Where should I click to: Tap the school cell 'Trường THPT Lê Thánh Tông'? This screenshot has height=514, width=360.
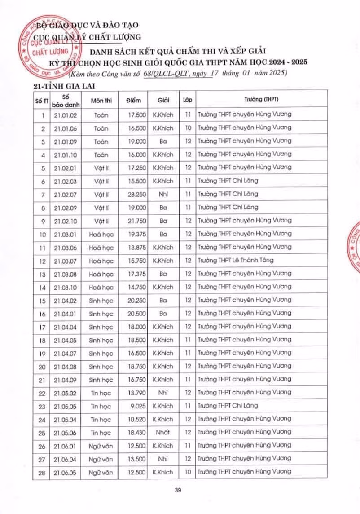(236, 260)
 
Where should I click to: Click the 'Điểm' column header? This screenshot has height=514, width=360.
(134, 100)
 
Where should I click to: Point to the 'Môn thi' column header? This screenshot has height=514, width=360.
(101, 100)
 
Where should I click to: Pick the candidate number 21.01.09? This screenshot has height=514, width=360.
(63, 141)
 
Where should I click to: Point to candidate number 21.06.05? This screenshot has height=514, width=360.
(63, 472)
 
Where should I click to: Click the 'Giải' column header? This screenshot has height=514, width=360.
(163, 100)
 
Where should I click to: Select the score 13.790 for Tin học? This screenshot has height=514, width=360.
(137, 393)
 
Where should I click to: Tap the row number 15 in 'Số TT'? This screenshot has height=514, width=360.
(43, 300)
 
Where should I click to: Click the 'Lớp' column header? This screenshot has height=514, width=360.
(188, 100)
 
